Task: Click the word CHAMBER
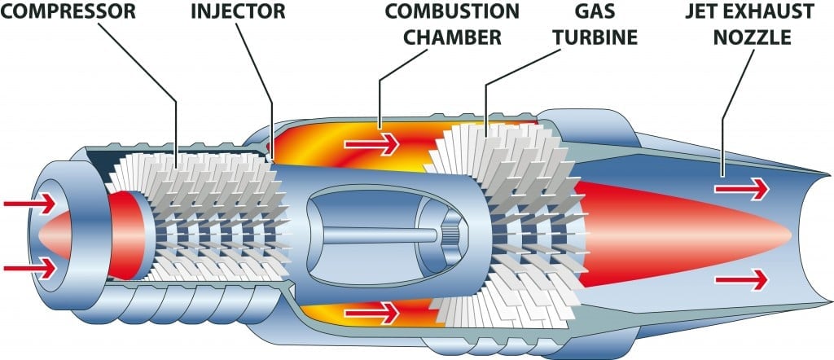tap(451, 37)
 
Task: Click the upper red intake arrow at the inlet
tap(29, 201)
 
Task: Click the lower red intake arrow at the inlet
tap(29, 266)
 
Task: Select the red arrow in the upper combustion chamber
tap(371, 145)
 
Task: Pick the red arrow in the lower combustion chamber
tap(371, 311)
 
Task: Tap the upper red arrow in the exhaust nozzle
tap(740, 190)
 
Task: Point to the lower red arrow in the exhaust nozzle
tap(740, 279)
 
